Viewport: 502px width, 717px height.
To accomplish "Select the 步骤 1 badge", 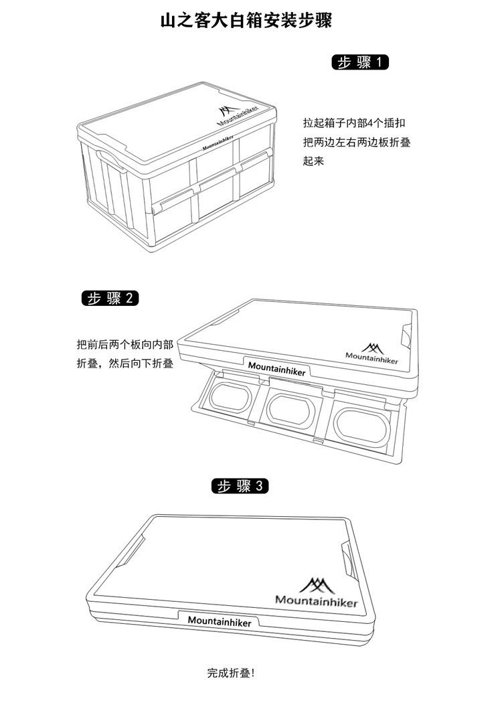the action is pyautogui.click(x=361, y=63).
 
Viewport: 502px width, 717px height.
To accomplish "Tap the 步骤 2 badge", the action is pyautogui.click(x=110, y=298).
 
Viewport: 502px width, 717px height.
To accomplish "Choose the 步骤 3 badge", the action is pyautogui.click(x=240, y=487).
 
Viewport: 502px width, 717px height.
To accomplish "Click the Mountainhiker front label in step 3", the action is pyautogui.click(x=220, y=621).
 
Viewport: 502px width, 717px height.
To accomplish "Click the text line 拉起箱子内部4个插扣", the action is pyautogui.click(x=353, y=124).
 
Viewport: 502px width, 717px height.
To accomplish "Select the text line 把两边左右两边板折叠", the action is pyautogui.click(x=356, y=143).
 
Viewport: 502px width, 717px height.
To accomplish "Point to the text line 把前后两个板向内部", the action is pyautogui.click(x=125, y=345).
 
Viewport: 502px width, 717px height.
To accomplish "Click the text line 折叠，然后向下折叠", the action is pyautogui.click(x=125, y=364).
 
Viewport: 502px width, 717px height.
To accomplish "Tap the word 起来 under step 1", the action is pyautogui.click(x=313, y=161).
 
